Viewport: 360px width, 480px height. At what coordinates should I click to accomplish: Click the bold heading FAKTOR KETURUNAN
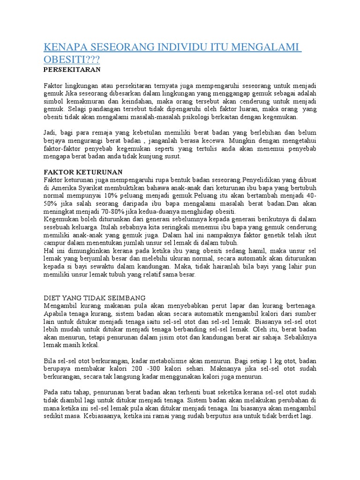(82, 172)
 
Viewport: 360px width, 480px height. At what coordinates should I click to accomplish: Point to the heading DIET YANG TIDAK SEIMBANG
(95, 298)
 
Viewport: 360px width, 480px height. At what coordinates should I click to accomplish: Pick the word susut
(172, 157)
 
